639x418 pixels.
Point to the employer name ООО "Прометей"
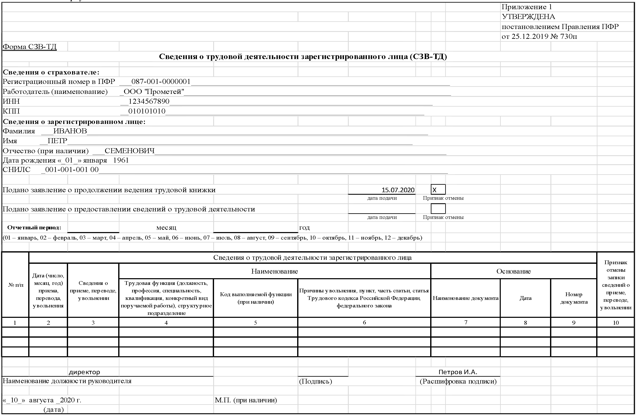154,92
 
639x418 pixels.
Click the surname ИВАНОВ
70,131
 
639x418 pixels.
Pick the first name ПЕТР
58,141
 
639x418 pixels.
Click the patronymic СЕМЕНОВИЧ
130,151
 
